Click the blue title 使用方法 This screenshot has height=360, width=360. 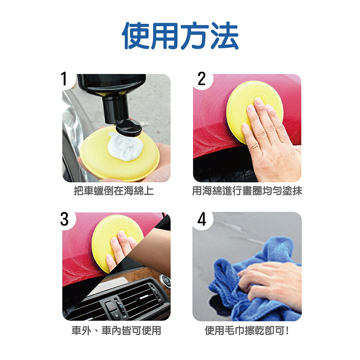click(180, 36)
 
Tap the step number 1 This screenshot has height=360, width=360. click(64, 78)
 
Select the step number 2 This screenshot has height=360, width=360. click(202, 79)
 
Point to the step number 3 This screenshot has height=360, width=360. click(64, 219)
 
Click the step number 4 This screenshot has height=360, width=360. click(202, 219)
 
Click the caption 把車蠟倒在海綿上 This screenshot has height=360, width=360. click(114, 190)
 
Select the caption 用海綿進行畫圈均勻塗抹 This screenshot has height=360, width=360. click(247, 190)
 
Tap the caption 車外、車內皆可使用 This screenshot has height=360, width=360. click(116, 330)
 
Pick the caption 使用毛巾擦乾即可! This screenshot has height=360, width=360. click(247, 330)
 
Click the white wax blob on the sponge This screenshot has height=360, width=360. click(125, 146)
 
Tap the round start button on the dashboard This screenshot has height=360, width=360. click(166, 280)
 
